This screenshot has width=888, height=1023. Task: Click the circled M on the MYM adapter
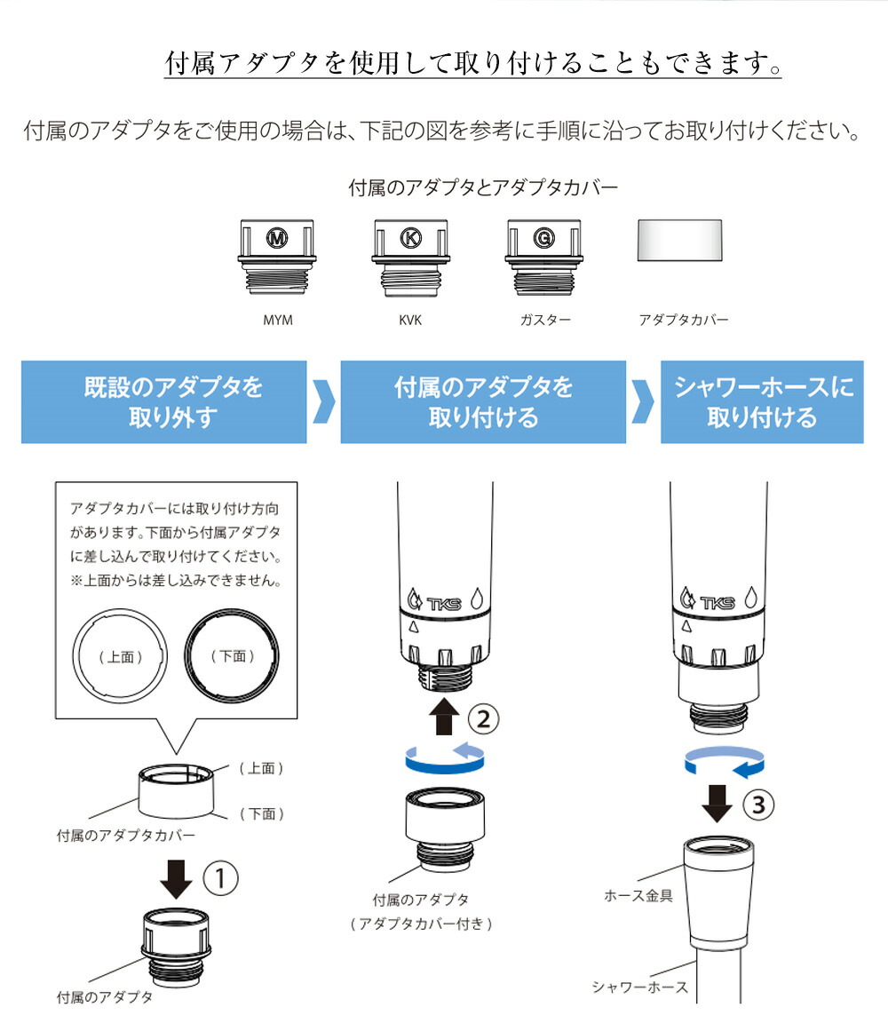pyautogui.click(x=278, y=237)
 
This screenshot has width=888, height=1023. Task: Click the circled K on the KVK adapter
pyautogui.click(x=410, y=237)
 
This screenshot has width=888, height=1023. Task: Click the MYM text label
pyautogui.click(x=278, y=320)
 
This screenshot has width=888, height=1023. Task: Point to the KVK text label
pyautogui.click(x=410, y=320)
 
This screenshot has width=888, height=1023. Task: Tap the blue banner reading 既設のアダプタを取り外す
pyautogui.click(x=164, y=401)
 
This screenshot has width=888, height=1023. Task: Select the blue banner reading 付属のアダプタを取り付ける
pyautogui.click(x=483, y=401)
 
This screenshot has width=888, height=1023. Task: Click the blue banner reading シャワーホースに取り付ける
pyautogui.click(x=762, y=401)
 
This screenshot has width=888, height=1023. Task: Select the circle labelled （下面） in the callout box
pyautogui.click(x=233, y=656)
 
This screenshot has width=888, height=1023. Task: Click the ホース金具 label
pyautogui.click(x=638, y=895)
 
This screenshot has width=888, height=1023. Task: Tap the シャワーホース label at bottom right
pyautogui.click(x=639, y=987)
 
